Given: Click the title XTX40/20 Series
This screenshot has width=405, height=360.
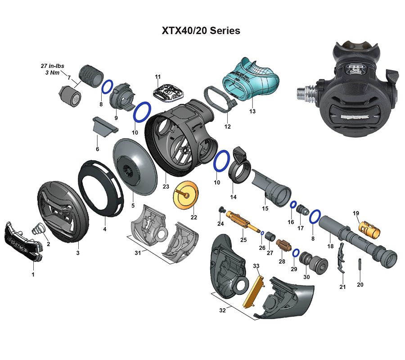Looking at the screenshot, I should click(201, 31).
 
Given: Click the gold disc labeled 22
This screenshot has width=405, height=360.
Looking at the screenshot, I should click(185, 196).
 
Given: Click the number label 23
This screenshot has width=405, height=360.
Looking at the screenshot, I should click(166, 187).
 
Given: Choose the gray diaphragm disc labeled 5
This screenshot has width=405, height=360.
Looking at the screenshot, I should click(135, 166).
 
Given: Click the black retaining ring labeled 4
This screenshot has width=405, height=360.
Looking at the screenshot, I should click(101, 189).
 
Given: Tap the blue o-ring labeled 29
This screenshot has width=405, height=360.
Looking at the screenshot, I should click(296, 253).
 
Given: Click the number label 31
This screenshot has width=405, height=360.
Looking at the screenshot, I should click(138, 252).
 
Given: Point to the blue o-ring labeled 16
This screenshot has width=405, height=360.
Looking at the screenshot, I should click(292, 205).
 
